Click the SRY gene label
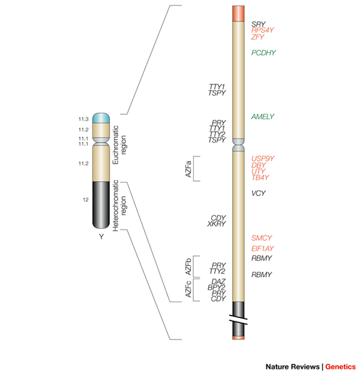coord(258,24)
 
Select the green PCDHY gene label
coord(263,53)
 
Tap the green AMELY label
coord(263,116)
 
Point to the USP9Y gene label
coord(263,158)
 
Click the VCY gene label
coord(258,193)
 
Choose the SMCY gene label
coord(262,238)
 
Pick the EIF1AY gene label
coord(263,249)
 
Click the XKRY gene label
coord(216,224)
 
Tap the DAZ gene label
coord(218,282)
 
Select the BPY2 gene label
coord(217,287)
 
